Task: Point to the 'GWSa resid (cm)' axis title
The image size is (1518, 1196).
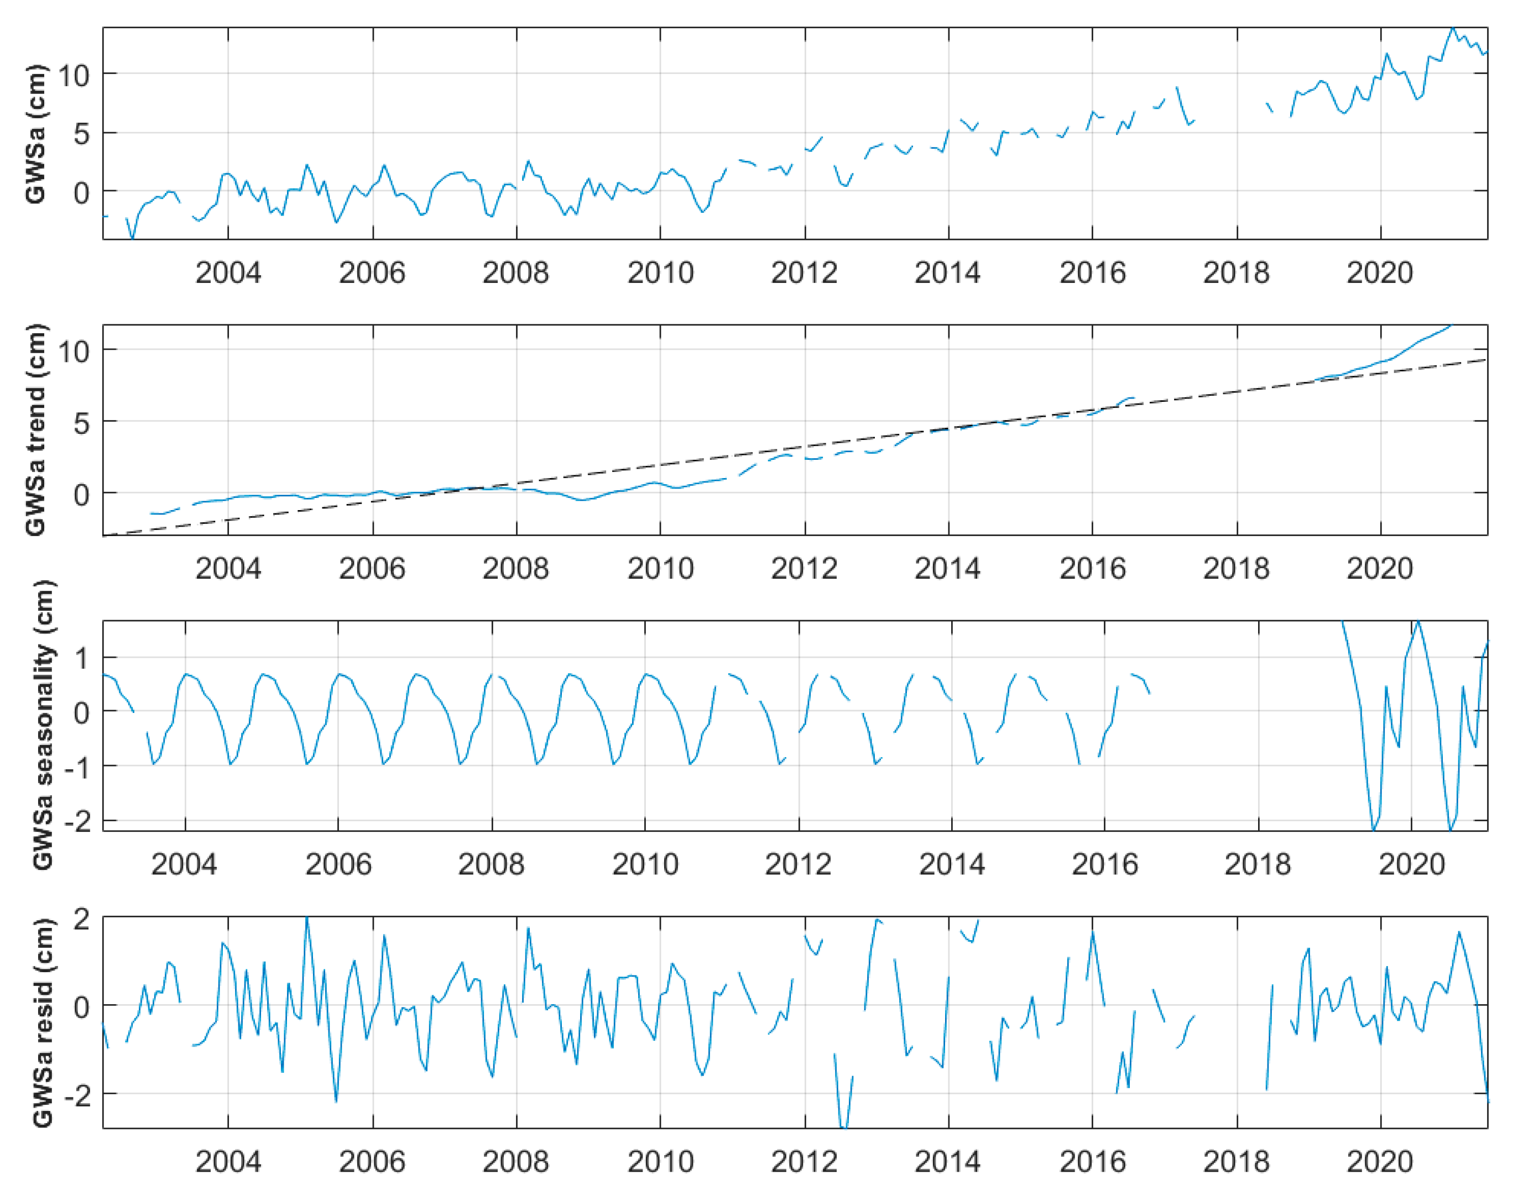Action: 42,1022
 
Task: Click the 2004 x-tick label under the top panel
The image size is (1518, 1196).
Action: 228,272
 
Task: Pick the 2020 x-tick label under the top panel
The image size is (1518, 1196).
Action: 1379,272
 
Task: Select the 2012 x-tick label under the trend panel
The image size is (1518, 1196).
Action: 804,569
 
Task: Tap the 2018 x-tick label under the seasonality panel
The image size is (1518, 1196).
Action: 1258,865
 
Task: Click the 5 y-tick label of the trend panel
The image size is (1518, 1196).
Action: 81,422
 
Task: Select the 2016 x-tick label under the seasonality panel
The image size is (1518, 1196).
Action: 1105,865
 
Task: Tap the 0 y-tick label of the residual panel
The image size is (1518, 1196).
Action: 82,1007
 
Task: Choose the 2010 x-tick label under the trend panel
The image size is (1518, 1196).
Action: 660,569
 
